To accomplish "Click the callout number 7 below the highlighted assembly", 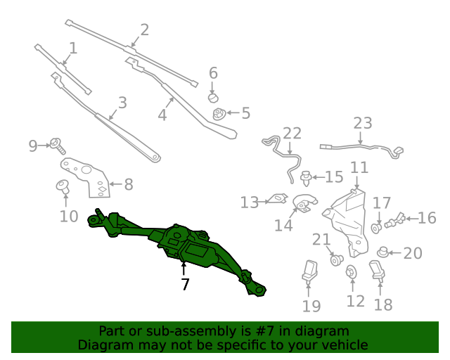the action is [x=186, y=284].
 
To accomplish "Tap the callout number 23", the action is [x=363, y=123].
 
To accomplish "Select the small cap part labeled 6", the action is [x=213, y=98].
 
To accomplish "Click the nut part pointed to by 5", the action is [x=219, y=114].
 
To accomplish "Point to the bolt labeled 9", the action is [x=58, y=146].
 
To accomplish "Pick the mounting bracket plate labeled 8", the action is [x=86, y=177].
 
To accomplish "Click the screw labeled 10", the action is [x=63, y=186].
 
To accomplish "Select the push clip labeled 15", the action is [x=307, y=178].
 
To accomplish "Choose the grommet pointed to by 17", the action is [x=376, y=229].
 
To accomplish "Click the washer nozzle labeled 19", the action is [x=309, y=271].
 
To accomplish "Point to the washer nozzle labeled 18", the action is [x=377, y=270].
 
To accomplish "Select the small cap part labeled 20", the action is [x=382, y=252].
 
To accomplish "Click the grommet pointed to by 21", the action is [x=337, y=260].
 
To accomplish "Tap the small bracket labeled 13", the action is [x=278, y=199].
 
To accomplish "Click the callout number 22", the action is [x=292, y=134].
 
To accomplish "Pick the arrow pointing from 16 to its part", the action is [x=411, y=219].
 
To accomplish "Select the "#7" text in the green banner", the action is [x=266, y=331].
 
